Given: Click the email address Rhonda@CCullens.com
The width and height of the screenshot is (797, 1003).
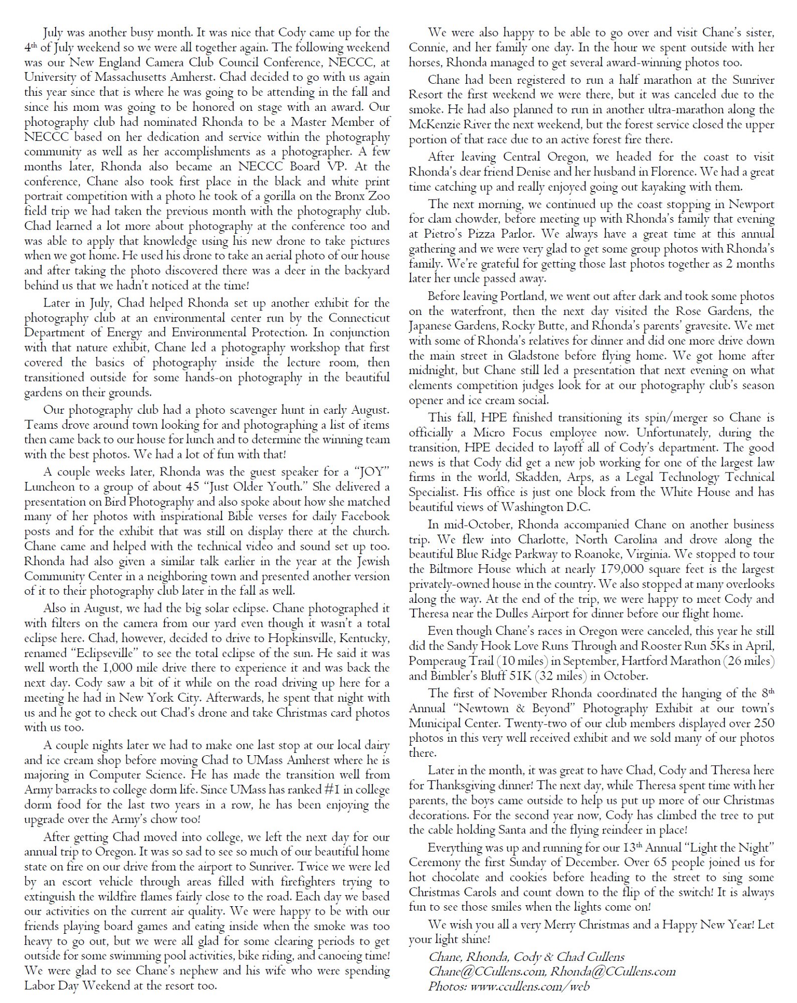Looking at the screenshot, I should [613, 971].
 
